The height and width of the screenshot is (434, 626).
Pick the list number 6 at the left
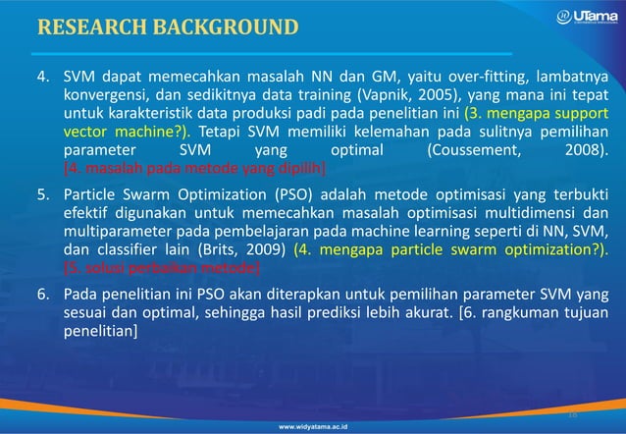[x=44, y=293]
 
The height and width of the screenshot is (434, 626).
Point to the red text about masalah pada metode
[x=193, y=168]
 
